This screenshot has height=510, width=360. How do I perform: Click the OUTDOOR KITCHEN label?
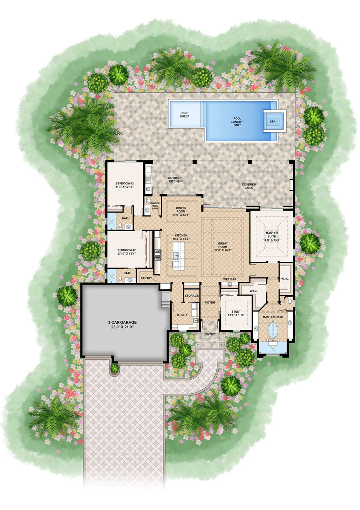[175, 180]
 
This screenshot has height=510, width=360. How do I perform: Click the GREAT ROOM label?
[223, 246]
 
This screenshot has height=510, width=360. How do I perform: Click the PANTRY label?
[146, 278]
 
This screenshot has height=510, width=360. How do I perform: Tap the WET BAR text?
[230, 279]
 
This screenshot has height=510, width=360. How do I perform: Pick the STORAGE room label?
[192, 296]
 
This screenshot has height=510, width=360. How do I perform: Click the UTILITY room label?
[182, 315]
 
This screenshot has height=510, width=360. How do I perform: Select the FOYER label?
[209, 302]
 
